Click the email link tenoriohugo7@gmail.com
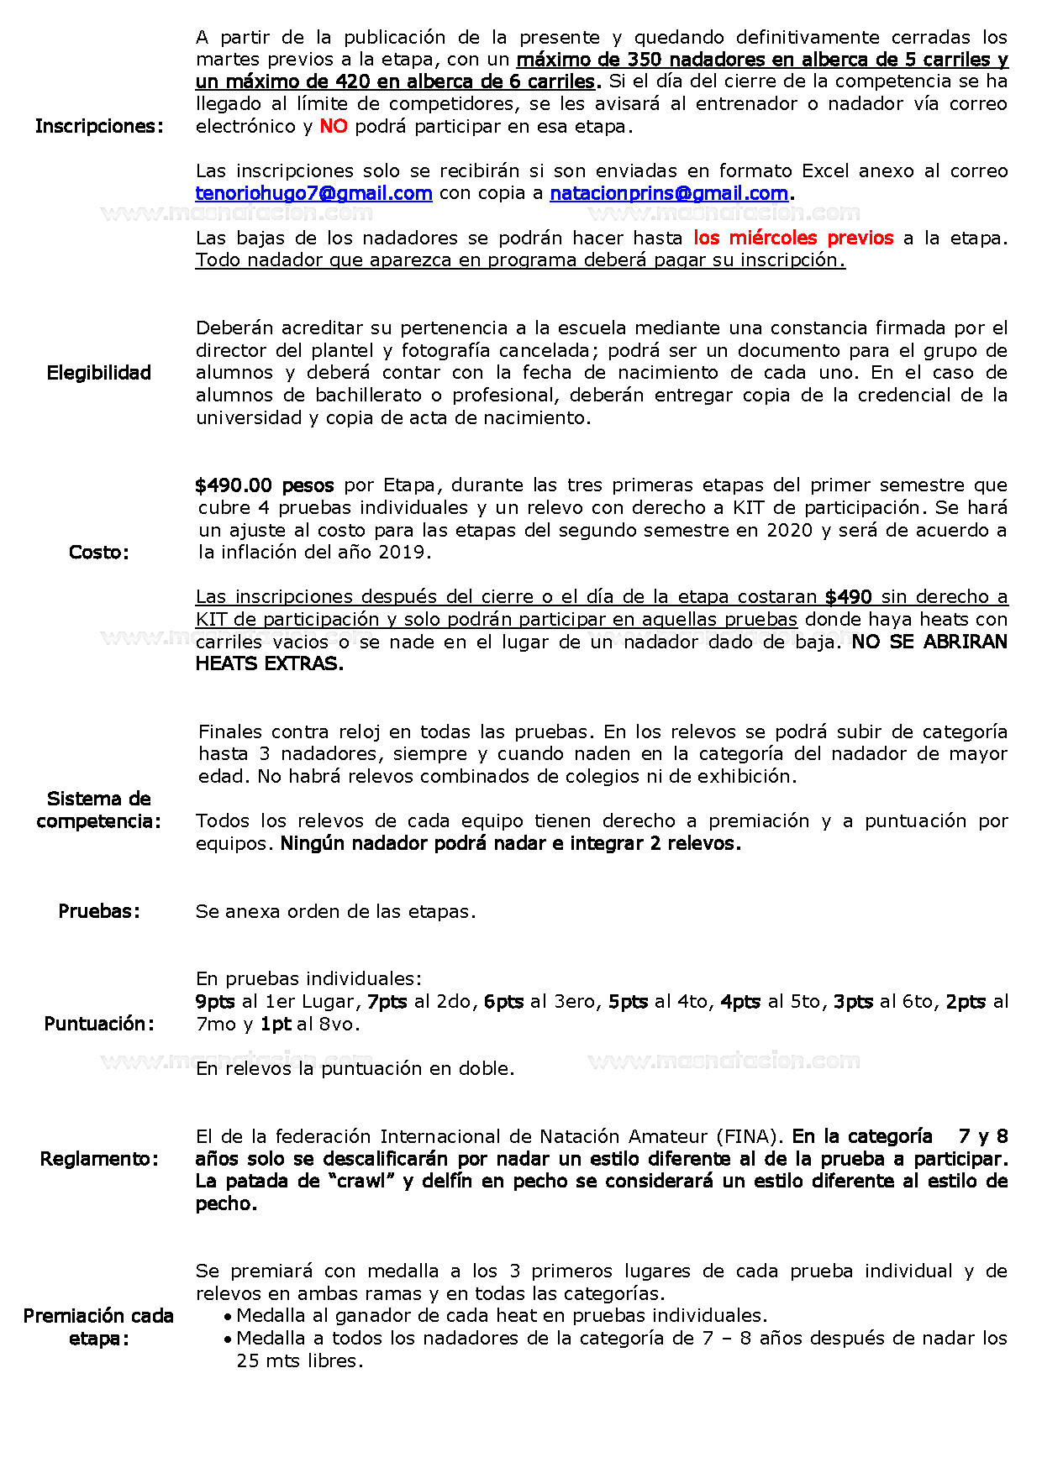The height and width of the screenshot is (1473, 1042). (313, 193)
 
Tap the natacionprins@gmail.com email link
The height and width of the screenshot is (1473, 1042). (669, 193)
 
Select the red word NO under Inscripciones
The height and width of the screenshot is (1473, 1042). (334, 127)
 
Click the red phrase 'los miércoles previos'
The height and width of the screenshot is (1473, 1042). (793, 239)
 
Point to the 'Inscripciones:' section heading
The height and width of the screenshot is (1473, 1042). (99, 127)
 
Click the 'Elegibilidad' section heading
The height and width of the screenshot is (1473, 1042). (99, 373)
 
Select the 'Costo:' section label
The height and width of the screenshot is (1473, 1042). (99, 553)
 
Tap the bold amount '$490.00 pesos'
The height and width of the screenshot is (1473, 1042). (265, 485)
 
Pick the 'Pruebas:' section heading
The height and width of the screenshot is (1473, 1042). (99, 912)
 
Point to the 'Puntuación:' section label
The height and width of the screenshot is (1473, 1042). (99, 1024)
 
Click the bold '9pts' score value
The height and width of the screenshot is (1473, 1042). (215, 1002)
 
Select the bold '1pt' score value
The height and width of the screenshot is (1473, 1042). (276, 1025)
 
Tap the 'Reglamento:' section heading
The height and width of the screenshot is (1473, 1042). (99, 1159)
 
